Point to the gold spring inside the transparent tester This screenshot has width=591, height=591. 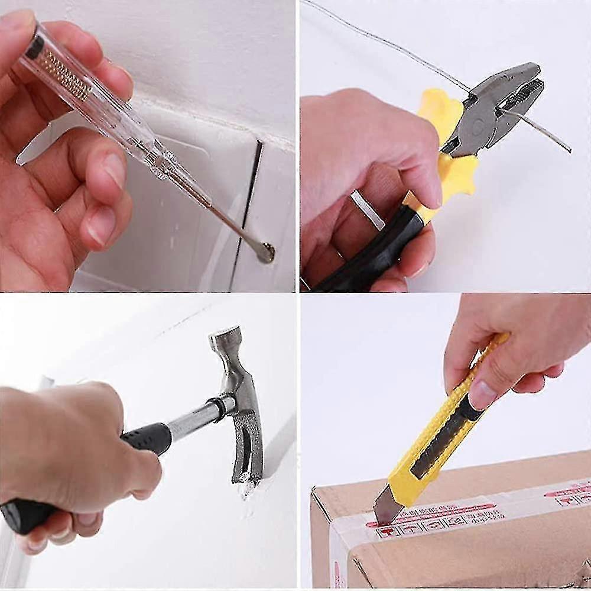tap(65, 75)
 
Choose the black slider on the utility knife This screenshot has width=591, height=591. tap(440, 438)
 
